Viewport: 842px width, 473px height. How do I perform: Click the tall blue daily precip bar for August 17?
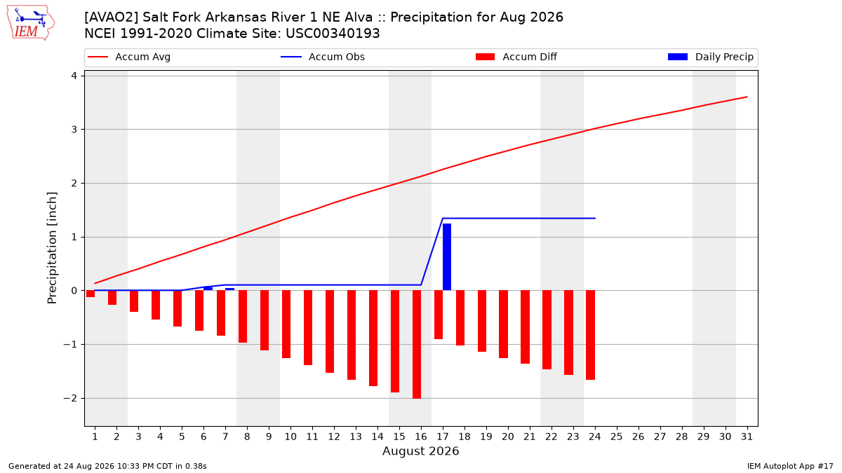tap(447, 256)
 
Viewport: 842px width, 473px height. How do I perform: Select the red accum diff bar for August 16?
tap(417, 344)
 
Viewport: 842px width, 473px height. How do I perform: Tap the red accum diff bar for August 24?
tap(591, 335)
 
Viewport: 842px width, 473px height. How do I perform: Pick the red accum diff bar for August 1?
tap(91, 294)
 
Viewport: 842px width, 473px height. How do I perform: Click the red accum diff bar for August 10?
tap(286, 324)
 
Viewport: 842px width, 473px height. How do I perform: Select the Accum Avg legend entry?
tap(129, 57)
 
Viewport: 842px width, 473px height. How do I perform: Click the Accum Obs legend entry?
tap(323, 57)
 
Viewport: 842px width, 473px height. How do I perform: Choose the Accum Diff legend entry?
tap(516, 57)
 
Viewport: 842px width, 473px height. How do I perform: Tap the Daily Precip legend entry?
tap(710, 57)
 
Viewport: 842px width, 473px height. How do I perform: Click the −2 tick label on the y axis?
tap(70, 398)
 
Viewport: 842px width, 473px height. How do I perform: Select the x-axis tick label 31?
tap(747, 437)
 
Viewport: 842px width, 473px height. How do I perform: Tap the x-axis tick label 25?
tap(617, 437)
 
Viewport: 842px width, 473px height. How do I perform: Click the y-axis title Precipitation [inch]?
tap(52, 248)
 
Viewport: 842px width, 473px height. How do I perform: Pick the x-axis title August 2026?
tap(420, 451)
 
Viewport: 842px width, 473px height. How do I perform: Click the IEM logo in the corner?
tap(31, 22)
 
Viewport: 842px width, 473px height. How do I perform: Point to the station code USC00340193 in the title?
tap(333, 34)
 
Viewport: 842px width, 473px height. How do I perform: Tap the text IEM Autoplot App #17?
tap(790, 466)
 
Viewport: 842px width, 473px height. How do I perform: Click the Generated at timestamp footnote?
tap(107, 466)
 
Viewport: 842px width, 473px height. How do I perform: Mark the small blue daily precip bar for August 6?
tap(208, 289)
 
